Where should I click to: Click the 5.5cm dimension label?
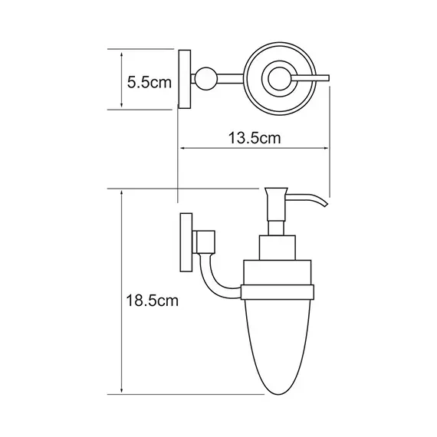pyautogui.click(x=148, y=81)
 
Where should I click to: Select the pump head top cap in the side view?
pyautogui.click(x=277, y=191)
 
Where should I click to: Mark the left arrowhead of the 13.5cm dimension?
pyautogui.click(x=182, y=149)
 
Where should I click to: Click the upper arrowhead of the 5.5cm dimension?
pyautogui.click(x=122, y=51)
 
